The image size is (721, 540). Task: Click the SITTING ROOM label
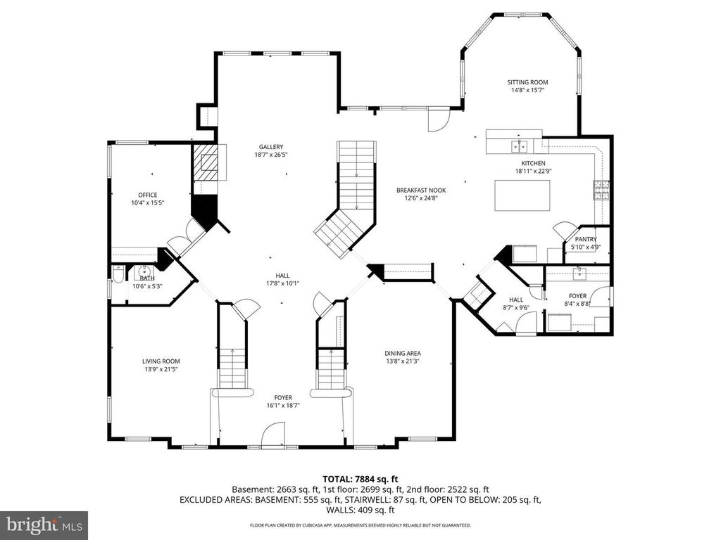click(528, 82)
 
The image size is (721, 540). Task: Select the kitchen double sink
click(520, 146)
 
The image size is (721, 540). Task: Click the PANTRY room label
click(586, 239)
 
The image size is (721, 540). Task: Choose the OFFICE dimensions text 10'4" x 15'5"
click(147, 203)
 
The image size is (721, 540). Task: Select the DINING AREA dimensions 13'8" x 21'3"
click(403, 361)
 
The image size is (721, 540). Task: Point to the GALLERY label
click(270, 147)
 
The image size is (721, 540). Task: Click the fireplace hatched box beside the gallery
click(208, 163)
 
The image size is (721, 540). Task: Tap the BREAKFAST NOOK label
click(420, 190)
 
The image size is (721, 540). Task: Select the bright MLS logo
click(44, 525)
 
